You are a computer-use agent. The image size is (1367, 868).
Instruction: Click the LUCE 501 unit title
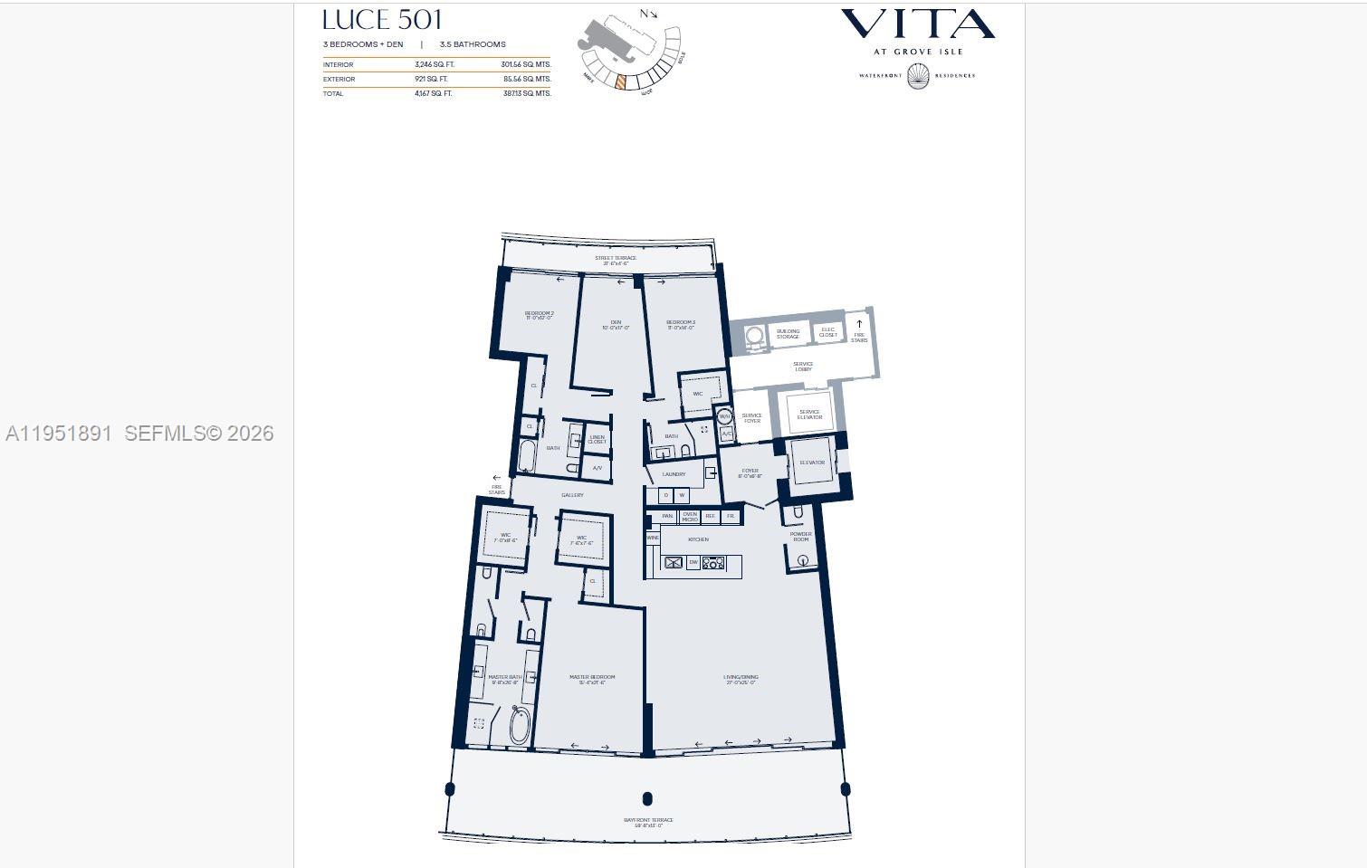[x=382, y=20]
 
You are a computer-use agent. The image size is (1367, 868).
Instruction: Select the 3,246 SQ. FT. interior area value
[x=435, y=65]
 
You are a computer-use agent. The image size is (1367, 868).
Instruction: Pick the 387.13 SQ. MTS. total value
[x=527, y=93]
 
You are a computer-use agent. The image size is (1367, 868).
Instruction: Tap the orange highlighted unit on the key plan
[x=620, y=81]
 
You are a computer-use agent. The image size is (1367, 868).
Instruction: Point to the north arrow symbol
[x=648, y=14]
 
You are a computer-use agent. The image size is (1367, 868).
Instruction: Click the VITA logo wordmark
[x=917, y=24]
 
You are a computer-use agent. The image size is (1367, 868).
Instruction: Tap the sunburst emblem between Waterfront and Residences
[x=917, y=76]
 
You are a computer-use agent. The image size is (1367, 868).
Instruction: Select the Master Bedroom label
[x=591, y=679]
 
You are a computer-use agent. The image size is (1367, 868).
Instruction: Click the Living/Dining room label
[x=741, y=679]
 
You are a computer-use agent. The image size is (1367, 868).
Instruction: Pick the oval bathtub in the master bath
[x=519, y=726]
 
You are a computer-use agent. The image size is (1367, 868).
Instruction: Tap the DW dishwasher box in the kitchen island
[x=693, y=563]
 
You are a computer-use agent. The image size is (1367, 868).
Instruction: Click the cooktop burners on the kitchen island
[x=713, y=563]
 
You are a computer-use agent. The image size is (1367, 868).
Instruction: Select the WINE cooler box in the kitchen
[x=653, y=538]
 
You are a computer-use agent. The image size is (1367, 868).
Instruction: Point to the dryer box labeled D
[x=666, y=495]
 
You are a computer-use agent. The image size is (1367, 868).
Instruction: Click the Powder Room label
[x=800, y=537]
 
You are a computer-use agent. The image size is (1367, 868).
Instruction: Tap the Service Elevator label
[x=809, y=415]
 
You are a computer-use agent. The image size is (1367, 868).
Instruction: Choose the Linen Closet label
[x=597, y=440]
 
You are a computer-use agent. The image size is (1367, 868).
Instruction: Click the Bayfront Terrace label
[x=648, y=823]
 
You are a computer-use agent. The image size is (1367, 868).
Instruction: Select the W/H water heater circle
[x=725, y=417]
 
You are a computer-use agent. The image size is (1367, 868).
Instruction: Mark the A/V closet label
[x=597, y=468]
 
